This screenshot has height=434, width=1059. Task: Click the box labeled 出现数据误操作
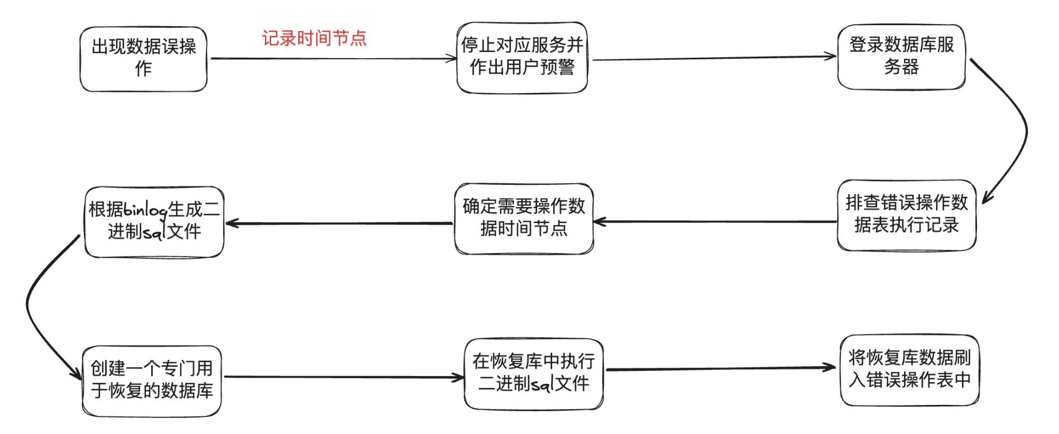click(144, 59)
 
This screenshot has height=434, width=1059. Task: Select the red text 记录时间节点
click(314, 38)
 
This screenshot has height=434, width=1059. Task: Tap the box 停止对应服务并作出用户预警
click(522, 57)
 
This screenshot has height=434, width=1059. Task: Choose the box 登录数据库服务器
click(901, 56)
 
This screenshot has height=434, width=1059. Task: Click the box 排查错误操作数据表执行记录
click(906, 215)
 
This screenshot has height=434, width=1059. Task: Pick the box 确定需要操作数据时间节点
click(524, 218)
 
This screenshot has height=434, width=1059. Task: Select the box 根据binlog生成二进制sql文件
click(154, 221)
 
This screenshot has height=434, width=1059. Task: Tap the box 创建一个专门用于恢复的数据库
click(152, 380)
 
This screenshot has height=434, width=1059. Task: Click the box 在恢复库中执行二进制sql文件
click(533, 373)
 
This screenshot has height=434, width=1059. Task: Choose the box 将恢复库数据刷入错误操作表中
click(909, 370)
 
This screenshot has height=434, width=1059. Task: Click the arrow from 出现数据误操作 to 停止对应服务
click(332, 59)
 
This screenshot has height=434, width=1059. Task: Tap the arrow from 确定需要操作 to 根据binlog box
click(339, 223)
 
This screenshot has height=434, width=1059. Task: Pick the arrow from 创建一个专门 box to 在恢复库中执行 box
click(344, 377)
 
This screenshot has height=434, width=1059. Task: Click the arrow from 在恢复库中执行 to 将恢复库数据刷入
click(721, 368)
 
